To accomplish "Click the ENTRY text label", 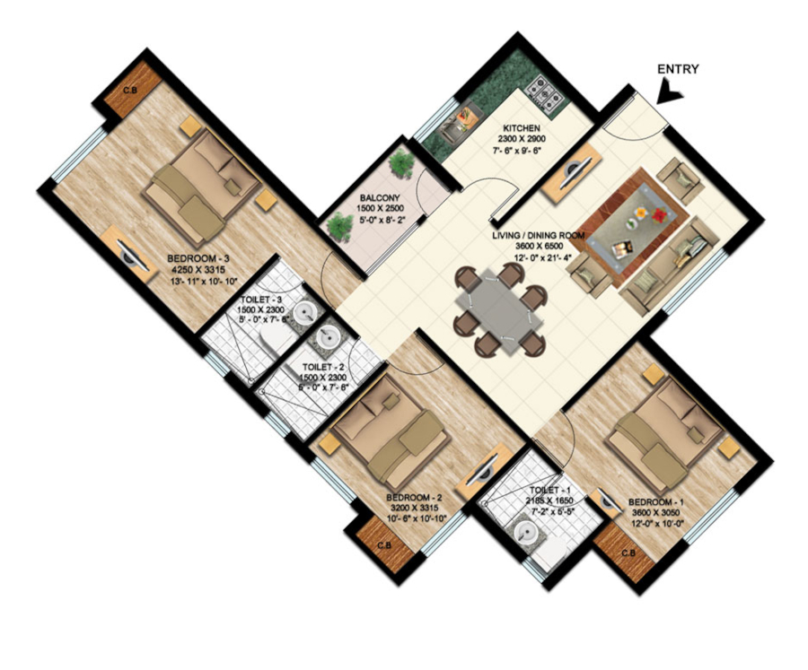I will pyautogui.click(x=678, y=69).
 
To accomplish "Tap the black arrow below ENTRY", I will pyautogui.click(x=670, y=91).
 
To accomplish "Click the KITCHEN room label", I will pyautogui.click(x=521, y=130).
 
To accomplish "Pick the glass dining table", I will pyautogui.click(x=501, y=309).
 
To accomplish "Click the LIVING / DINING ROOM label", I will pyautogui.click(x=539, y=236).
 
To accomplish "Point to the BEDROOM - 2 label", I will pyautogui.click(x=414, y=498).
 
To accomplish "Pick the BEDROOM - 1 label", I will pyautogui.click(x=655, y=501).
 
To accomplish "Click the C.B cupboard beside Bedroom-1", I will pyautogui.click(x=626, y=551).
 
